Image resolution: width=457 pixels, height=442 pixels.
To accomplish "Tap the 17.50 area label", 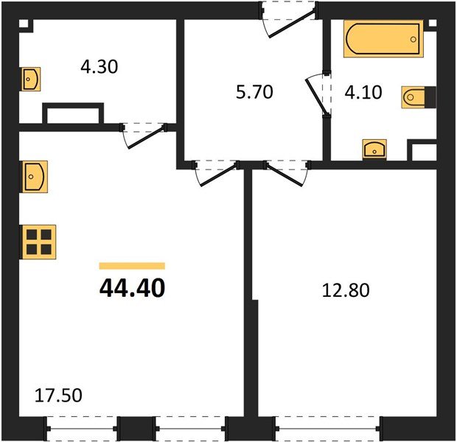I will pos(58,396).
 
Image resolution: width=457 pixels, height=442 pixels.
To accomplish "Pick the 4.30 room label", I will pos(99,66).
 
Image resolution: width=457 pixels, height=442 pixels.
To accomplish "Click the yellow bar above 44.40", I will pos(131,266).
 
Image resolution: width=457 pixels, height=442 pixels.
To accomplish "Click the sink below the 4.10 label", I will pos(376,150).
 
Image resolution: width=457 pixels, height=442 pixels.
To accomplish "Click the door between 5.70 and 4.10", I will pos(318,93).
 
